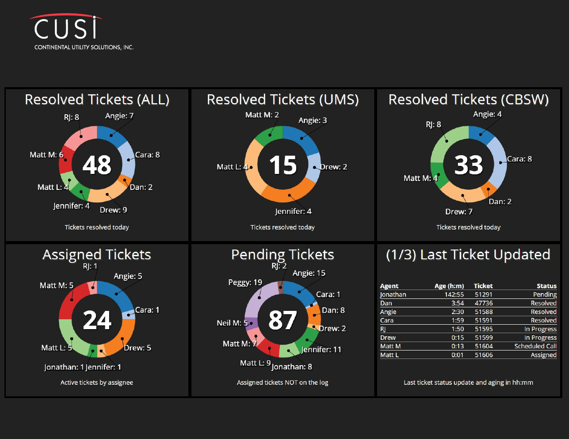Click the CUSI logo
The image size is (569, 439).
point(67,29)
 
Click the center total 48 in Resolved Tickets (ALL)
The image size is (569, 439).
point(97,165)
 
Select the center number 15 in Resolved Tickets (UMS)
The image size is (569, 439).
point(283,165)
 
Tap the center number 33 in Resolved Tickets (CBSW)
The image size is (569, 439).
point(469,165)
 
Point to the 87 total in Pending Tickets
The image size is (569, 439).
point(283,320)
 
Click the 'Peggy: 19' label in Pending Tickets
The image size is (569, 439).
point(245,282)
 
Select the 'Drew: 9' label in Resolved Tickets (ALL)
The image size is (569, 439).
point(113,210)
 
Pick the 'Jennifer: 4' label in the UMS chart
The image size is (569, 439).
point(293,211)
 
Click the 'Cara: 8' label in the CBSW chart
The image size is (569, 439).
point(519,159)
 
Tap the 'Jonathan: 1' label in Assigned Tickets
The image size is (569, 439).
point(64,367)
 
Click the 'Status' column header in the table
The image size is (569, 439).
point(546,286)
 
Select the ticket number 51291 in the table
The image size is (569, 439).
point(483,294)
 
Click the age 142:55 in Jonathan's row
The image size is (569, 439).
point(454,294)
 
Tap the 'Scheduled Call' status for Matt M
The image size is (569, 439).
point(535,346)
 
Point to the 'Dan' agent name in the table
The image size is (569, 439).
point(386,303)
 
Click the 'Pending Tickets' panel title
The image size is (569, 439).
point(283,254)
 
